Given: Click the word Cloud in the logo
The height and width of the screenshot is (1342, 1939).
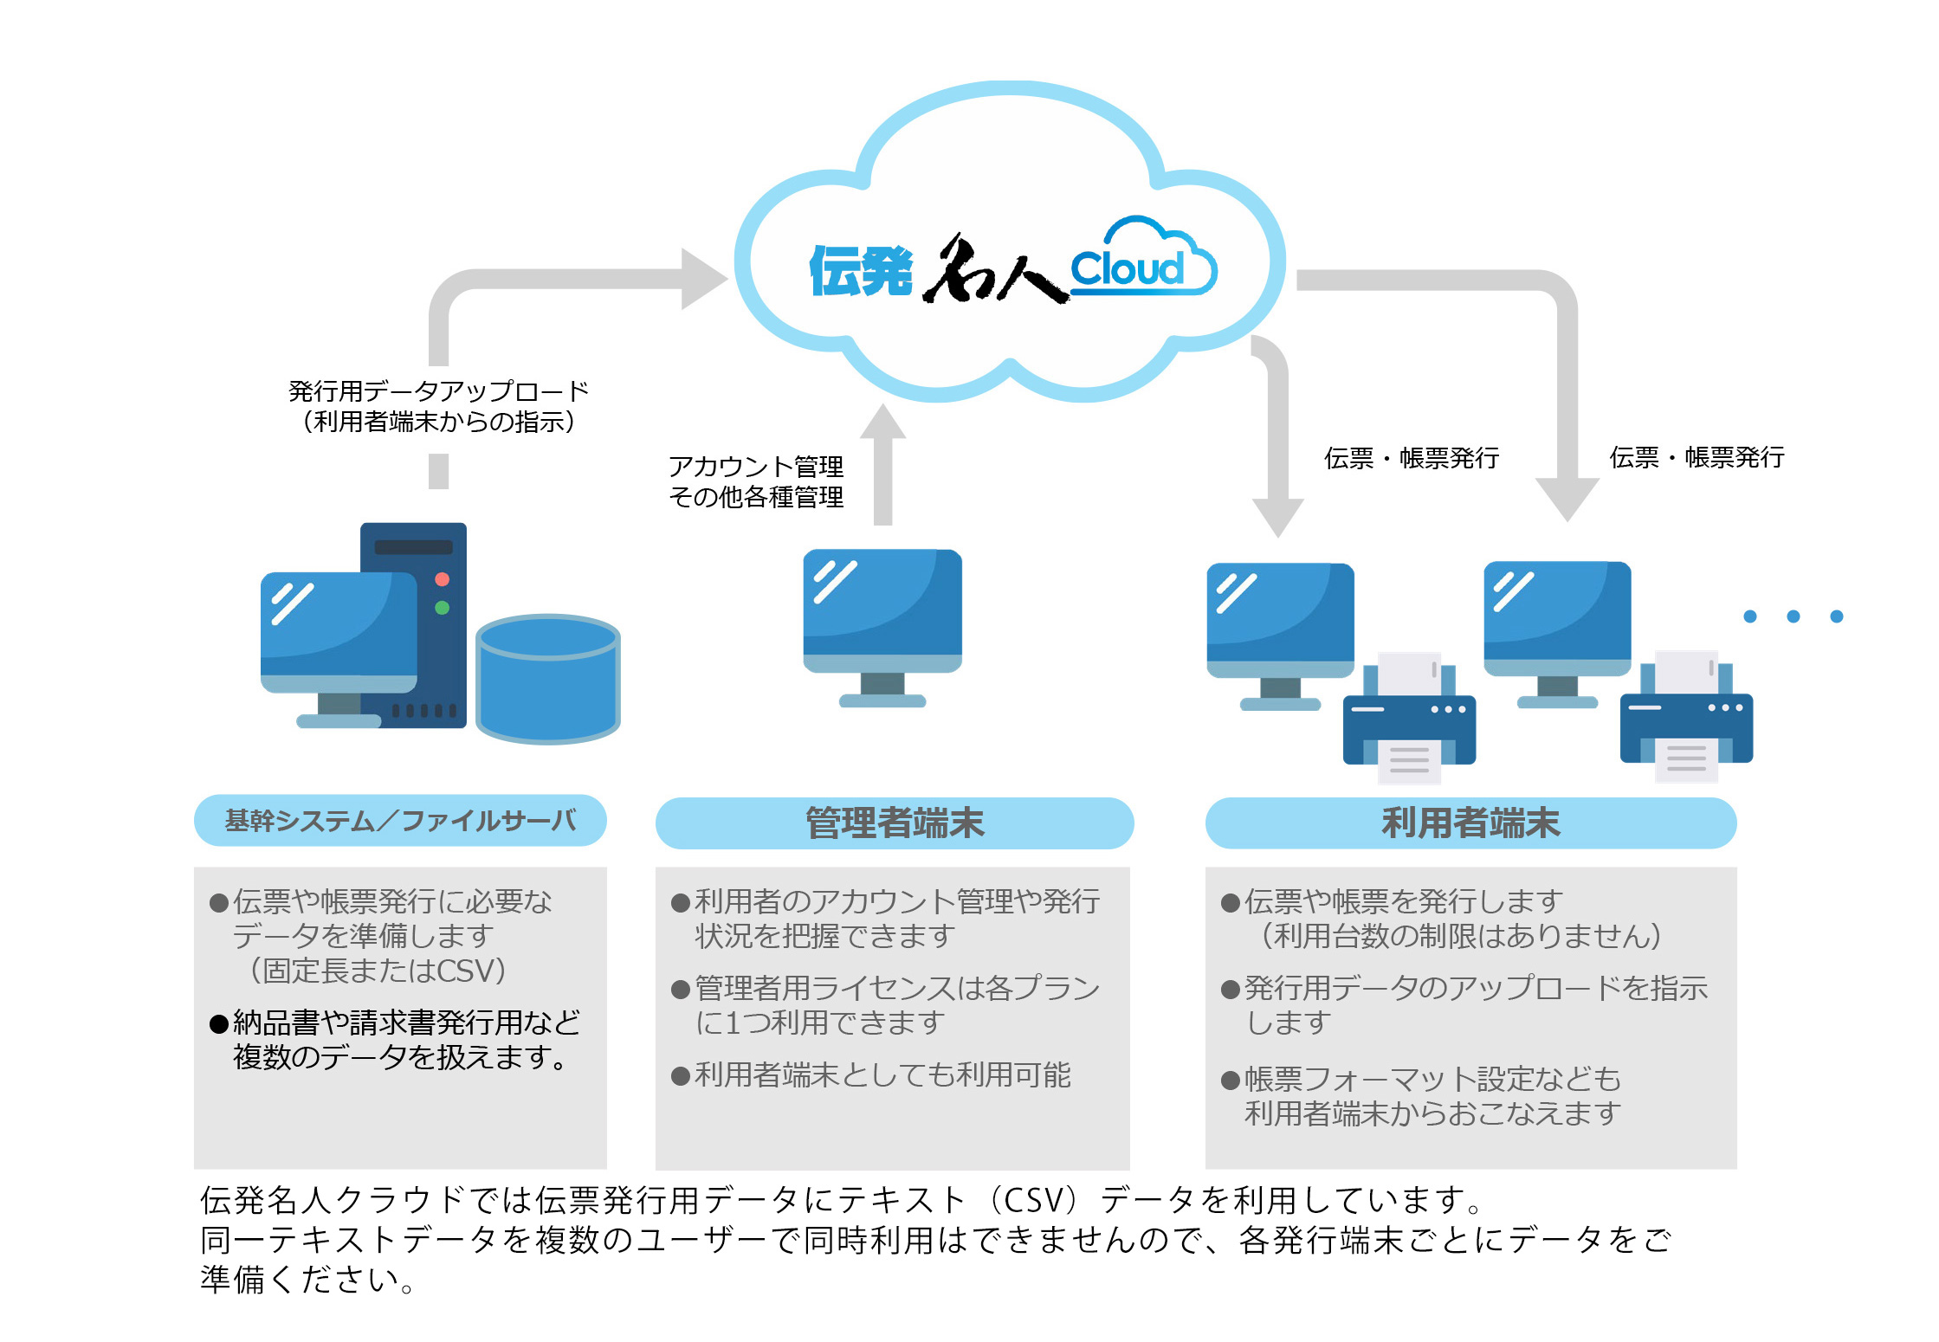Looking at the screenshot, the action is click(x=1127, y=268).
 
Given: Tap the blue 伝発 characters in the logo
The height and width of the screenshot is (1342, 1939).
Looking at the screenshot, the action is click(x=861, y=271).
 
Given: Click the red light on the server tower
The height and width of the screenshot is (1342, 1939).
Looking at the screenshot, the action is click(x=442, y=579).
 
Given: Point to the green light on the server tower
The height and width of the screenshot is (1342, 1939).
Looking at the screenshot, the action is click(x=442, y=608).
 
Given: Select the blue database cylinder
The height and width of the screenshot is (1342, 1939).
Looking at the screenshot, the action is click(x=548, y=679).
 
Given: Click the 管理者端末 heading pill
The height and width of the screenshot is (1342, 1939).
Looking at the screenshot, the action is click(x=895, y=823).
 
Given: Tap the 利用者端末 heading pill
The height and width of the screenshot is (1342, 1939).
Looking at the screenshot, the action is click(x=1470, y=823).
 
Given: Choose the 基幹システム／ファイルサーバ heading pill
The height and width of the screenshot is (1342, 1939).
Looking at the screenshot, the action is click(x=400, y=820).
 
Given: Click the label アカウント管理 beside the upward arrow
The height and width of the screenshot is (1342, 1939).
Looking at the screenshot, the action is click(x=756, y=467).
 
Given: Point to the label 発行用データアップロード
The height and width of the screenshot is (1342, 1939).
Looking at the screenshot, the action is click(x=438, y=391).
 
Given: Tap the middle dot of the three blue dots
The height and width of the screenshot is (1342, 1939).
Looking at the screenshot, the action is click(x=1794, y=616).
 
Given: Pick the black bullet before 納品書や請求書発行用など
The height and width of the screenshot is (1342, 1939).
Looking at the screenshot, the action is click(x=219, y=1024).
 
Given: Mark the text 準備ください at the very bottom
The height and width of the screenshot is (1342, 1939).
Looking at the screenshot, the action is click(x=300, y=1280).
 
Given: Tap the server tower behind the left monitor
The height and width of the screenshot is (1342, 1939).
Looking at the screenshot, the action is click(x=414, y=624).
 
